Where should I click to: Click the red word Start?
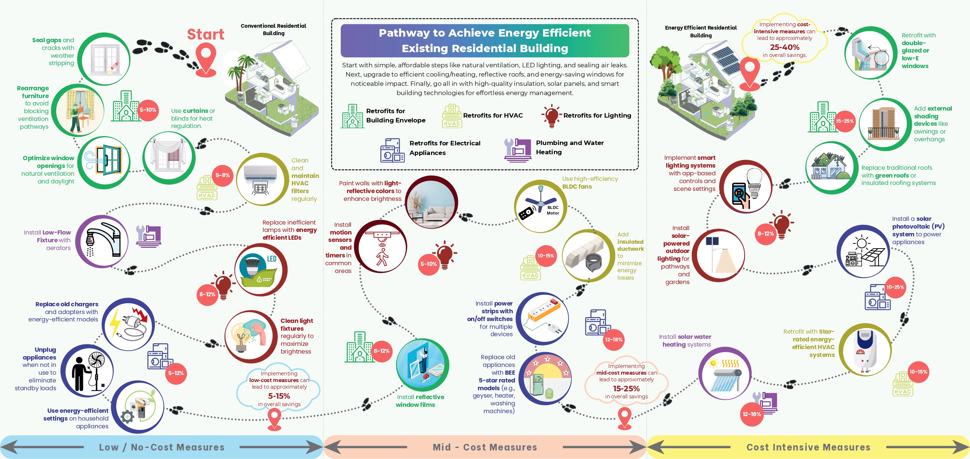206,34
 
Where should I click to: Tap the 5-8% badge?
223,175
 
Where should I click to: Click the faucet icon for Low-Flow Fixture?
102,241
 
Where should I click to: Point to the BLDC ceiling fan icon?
540,206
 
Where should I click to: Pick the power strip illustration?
542,318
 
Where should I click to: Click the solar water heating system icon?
725,373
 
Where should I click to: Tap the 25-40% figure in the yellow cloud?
784,47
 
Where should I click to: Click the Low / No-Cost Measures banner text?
162,447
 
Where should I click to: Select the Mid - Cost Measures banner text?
485,447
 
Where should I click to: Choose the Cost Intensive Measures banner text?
808,447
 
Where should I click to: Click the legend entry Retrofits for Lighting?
597,116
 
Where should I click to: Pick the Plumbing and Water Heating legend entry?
569,147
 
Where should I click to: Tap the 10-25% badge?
895,287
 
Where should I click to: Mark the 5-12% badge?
176,373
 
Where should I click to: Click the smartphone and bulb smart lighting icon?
745,186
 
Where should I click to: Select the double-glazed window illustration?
870,53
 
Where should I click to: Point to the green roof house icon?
831,168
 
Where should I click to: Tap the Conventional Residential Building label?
273,29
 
